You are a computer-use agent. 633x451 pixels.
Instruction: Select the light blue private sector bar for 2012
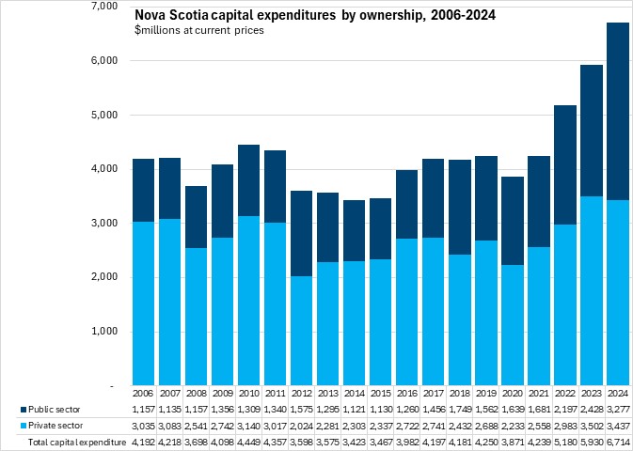tap(301, 331)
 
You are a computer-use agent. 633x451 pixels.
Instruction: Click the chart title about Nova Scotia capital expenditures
tap(315, 15)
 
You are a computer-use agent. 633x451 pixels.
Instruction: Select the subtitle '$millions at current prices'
tap(199, 31)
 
